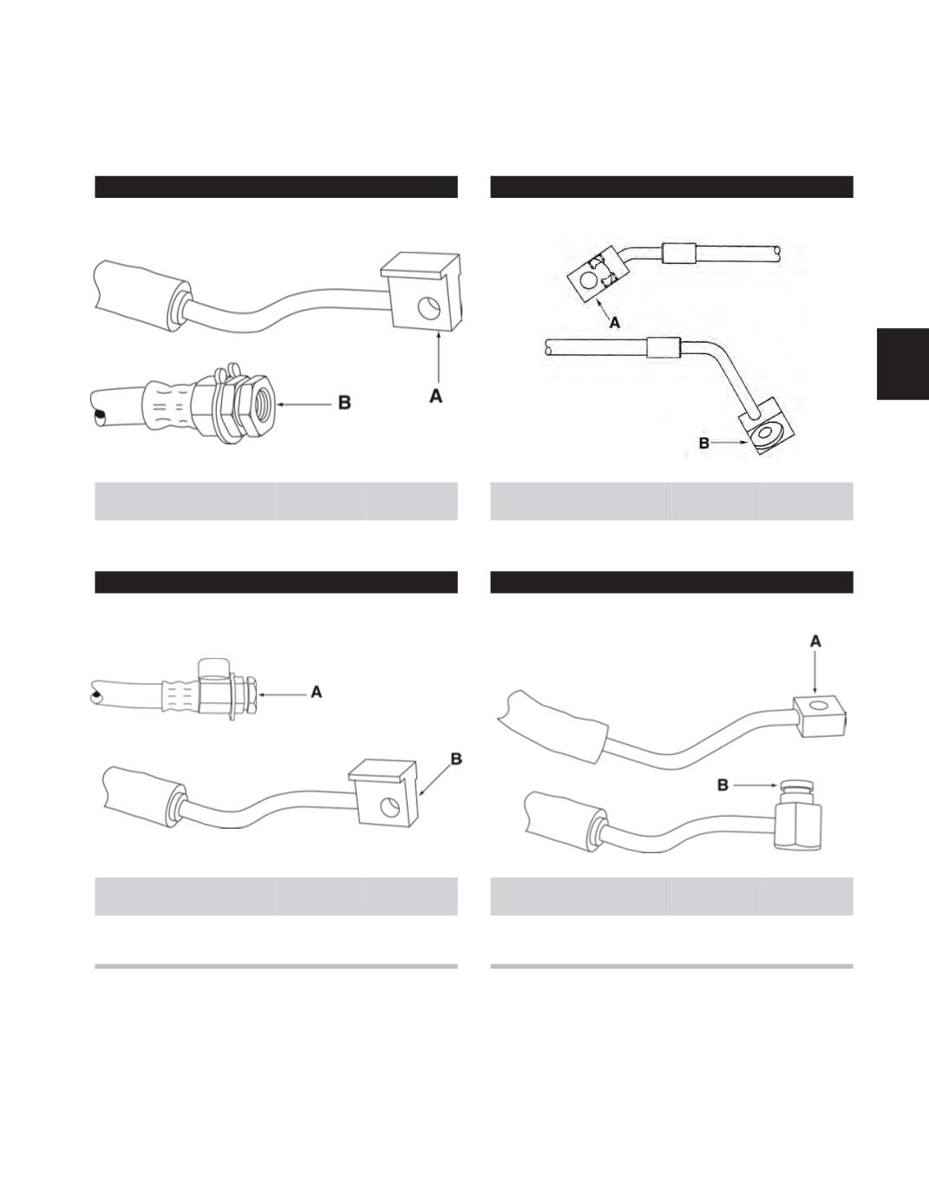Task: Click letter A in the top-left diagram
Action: click(x=436, y=396)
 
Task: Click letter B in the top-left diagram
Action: click(x=344, y=403)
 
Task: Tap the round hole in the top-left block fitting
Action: click(x=427, y=308)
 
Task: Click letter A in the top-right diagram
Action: click(x=615, y=323)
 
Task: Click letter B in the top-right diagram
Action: click(x=704, y=443)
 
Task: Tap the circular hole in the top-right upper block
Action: click(x=586, y=280)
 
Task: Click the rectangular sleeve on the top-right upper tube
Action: click(x=679, y=253)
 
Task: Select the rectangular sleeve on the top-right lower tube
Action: click(x=664, y=350)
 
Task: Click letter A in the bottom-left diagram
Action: click(x=316, y=692)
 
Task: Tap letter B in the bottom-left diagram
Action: click(x=456, y=759)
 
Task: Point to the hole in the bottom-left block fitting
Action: click(x=391, y=808)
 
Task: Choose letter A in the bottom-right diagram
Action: click(x=815, y=641)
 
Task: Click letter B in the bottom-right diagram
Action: click(x=723, y=785)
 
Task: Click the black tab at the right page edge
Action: click(x=903, y=364)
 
